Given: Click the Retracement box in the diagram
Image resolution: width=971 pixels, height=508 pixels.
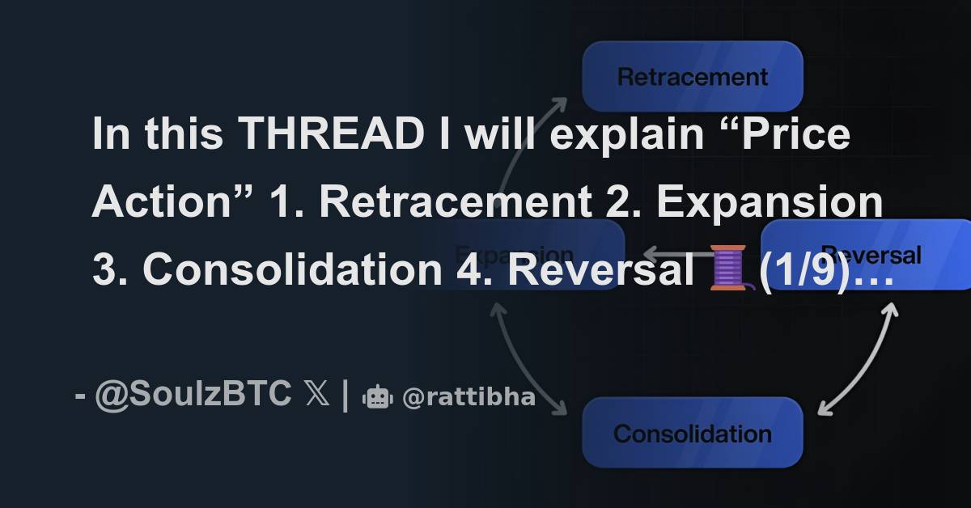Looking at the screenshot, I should coord(693,76).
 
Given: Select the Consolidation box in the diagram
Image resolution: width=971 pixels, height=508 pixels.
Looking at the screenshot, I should coord(693,433).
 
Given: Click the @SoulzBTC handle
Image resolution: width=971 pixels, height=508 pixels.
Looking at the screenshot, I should coord(193,395).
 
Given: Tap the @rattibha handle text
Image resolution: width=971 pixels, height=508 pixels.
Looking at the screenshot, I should coord(469,398).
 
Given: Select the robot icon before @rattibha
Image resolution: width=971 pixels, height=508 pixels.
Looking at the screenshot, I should coord(378,396).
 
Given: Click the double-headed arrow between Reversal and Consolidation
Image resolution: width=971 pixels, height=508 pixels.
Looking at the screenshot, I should coord(858,360).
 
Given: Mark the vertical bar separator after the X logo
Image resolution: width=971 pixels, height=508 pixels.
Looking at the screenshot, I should coord(346,395).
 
